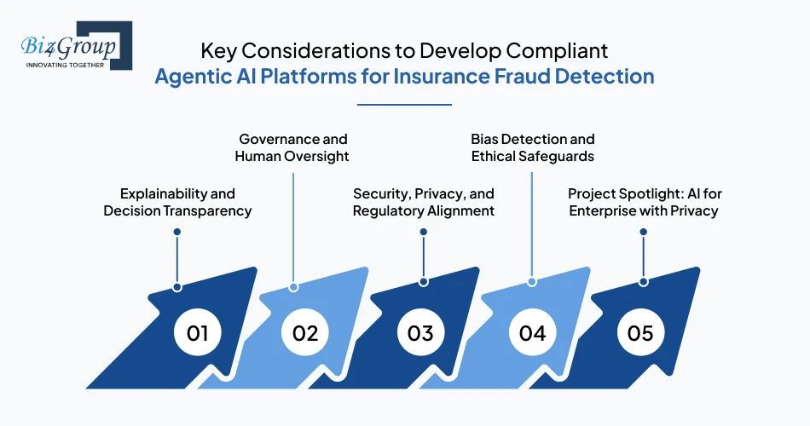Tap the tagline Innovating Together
[x=64, y=64]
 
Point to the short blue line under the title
[x=404, y=105]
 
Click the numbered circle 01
[x=198, y=332]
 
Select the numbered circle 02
[x=305, y=332]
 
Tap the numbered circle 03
[x=420, y=332]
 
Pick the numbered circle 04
[x=532, y=332]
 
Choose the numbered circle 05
[x=640, y=332]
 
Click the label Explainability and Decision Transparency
[x=177, y=202]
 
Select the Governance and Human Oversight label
[x=292, y=147]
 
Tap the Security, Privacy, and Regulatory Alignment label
[x=424, y=202]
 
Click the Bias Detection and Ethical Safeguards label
[x=533, y=147]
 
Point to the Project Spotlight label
[x=643, y=202]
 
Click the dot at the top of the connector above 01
[x=177, y=231]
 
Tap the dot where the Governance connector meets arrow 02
[x=292, y=286]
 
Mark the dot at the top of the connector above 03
[x=424, y=231]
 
